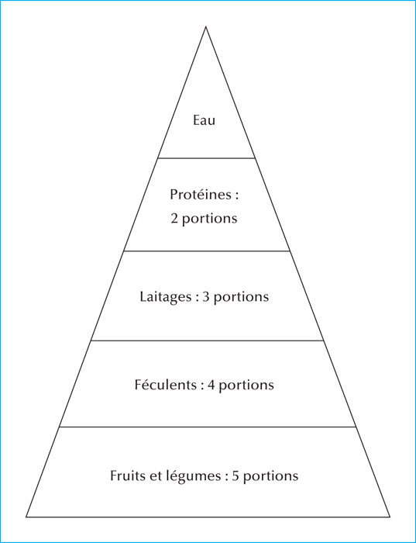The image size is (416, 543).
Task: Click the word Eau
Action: point(204,120)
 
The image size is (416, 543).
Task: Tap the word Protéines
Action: point(201,195)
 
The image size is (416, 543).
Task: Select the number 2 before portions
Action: point(174,219)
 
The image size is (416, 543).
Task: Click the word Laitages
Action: point(165,297)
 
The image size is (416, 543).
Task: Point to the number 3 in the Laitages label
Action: point(206,297)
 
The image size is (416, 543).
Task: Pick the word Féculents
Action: point(166,385)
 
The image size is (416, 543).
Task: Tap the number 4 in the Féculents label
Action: point(211,385)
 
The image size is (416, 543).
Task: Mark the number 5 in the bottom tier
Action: point(236,476)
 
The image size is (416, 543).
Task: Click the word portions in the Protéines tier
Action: point(210,220)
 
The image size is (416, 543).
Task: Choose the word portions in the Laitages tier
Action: point(241,297)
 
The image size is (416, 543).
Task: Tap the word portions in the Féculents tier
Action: point(246,386)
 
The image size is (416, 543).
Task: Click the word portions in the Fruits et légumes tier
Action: point(270,476)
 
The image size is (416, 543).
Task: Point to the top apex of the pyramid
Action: point(206,26)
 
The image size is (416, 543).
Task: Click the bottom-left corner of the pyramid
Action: point(26,517)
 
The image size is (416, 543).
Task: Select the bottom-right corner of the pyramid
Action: point(390,517)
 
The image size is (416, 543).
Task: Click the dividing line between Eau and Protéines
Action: point(206,158)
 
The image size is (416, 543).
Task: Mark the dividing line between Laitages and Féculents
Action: point(207,341)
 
